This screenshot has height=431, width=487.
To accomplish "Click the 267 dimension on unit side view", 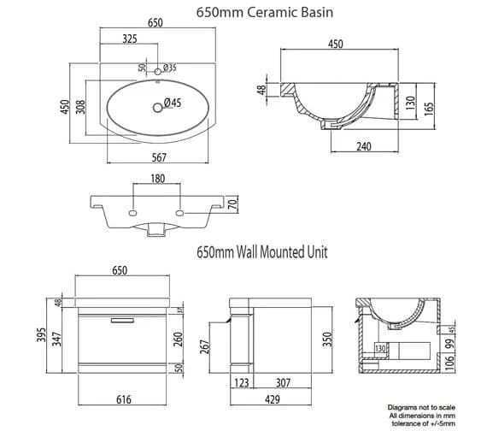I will pyautogui.click(x=218, y=346).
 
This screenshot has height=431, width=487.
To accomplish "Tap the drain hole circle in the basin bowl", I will pyautogui.click(x=156, y=106).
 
